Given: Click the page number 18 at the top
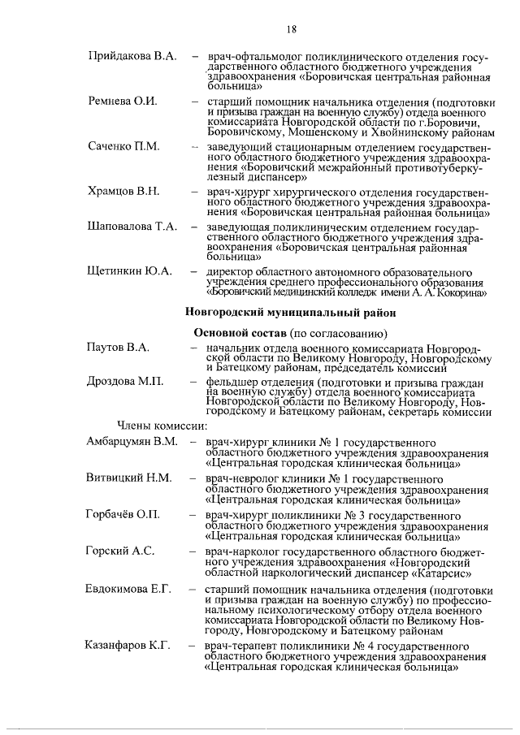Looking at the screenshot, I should [x=291, y=29].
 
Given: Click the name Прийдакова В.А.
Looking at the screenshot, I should [x=131, y=56].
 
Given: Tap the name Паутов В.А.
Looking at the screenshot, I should [x=118, y=348].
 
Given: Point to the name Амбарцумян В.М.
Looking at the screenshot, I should [x=132, y=442].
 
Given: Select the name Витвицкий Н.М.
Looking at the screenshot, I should [x=128, y=478].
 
